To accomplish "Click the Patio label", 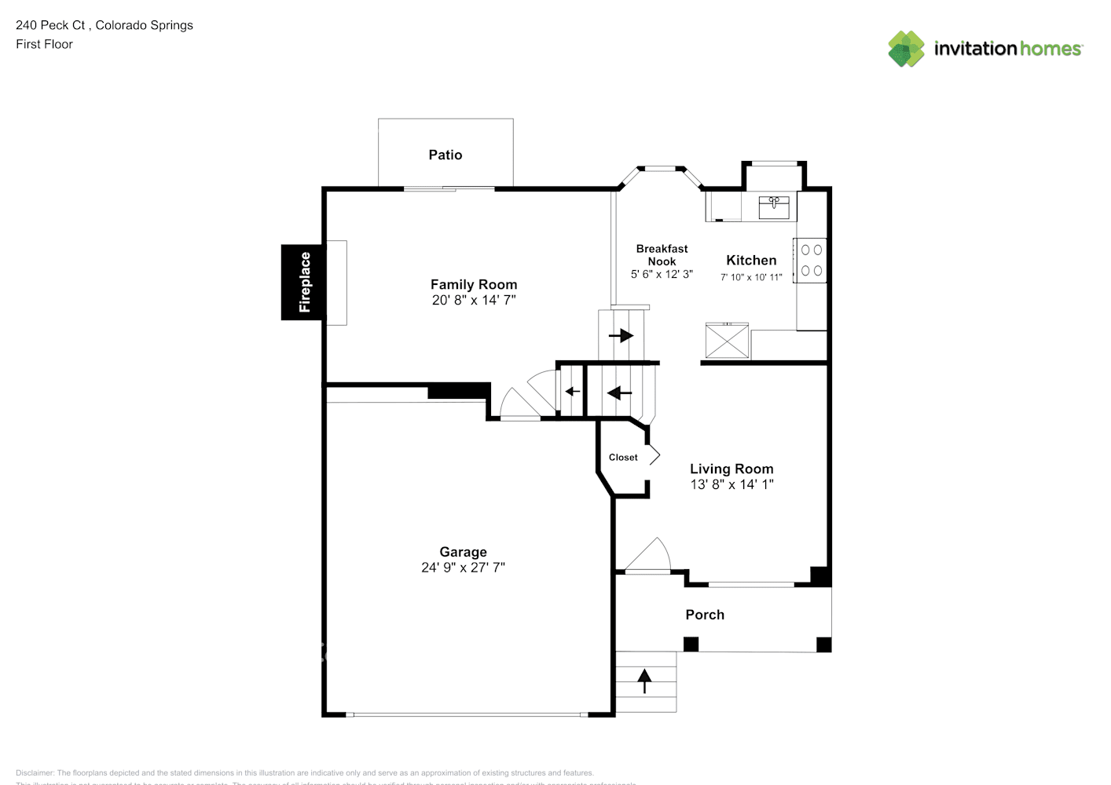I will pos(445,155).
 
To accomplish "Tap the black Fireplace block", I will pos(303,282).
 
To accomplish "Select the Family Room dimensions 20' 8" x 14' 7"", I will pos(473,300).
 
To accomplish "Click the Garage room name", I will pos(463,552).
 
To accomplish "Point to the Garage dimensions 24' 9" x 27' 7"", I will pos(463,568).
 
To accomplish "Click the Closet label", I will pos(623,458).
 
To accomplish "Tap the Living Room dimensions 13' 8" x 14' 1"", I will pos(731,484).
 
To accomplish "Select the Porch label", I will pos(705,615).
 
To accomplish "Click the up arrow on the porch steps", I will pos(644,681).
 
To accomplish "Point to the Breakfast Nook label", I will pos(662,254).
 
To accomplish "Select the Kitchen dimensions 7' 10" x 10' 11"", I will pos(751,277).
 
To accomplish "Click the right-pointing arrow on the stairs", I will pos(621,336).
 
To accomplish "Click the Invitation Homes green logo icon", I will pos(906,49).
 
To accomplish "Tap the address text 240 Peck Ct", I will pos(50,25).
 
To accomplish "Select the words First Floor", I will pos(44,44).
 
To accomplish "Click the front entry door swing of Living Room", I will pos(649,555).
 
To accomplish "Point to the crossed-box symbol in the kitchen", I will pos(728,340).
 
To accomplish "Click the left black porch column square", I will pos(691,644).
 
